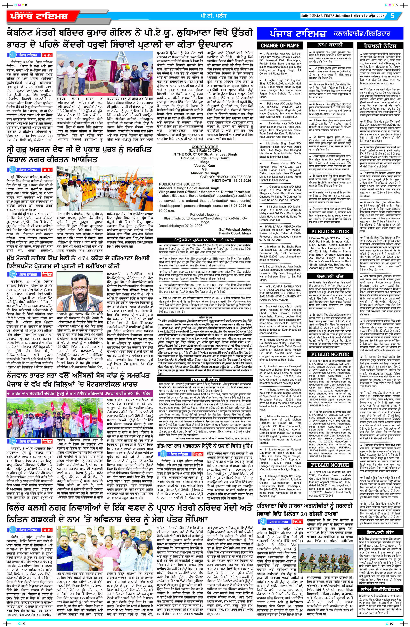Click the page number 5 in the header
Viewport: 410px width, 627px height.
pyautogui.click(x=393, y=16)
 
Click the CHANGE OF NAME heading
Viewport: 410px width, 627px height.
pyautogui.click(x=280, y=45)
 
